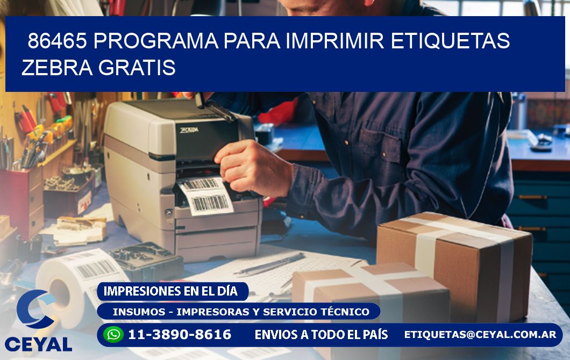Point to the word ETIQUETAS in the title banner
(x=450, y=41)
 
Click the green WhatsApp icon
(x=113, y=334)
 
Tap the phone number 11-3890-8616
(x=180, y=335)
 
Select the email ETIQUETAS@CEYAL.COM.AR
(x=480, y=334)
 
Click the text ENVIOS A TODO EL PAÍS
(x=321, y=335)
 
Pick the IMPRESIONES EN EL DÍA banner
(x=170, y=291)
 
